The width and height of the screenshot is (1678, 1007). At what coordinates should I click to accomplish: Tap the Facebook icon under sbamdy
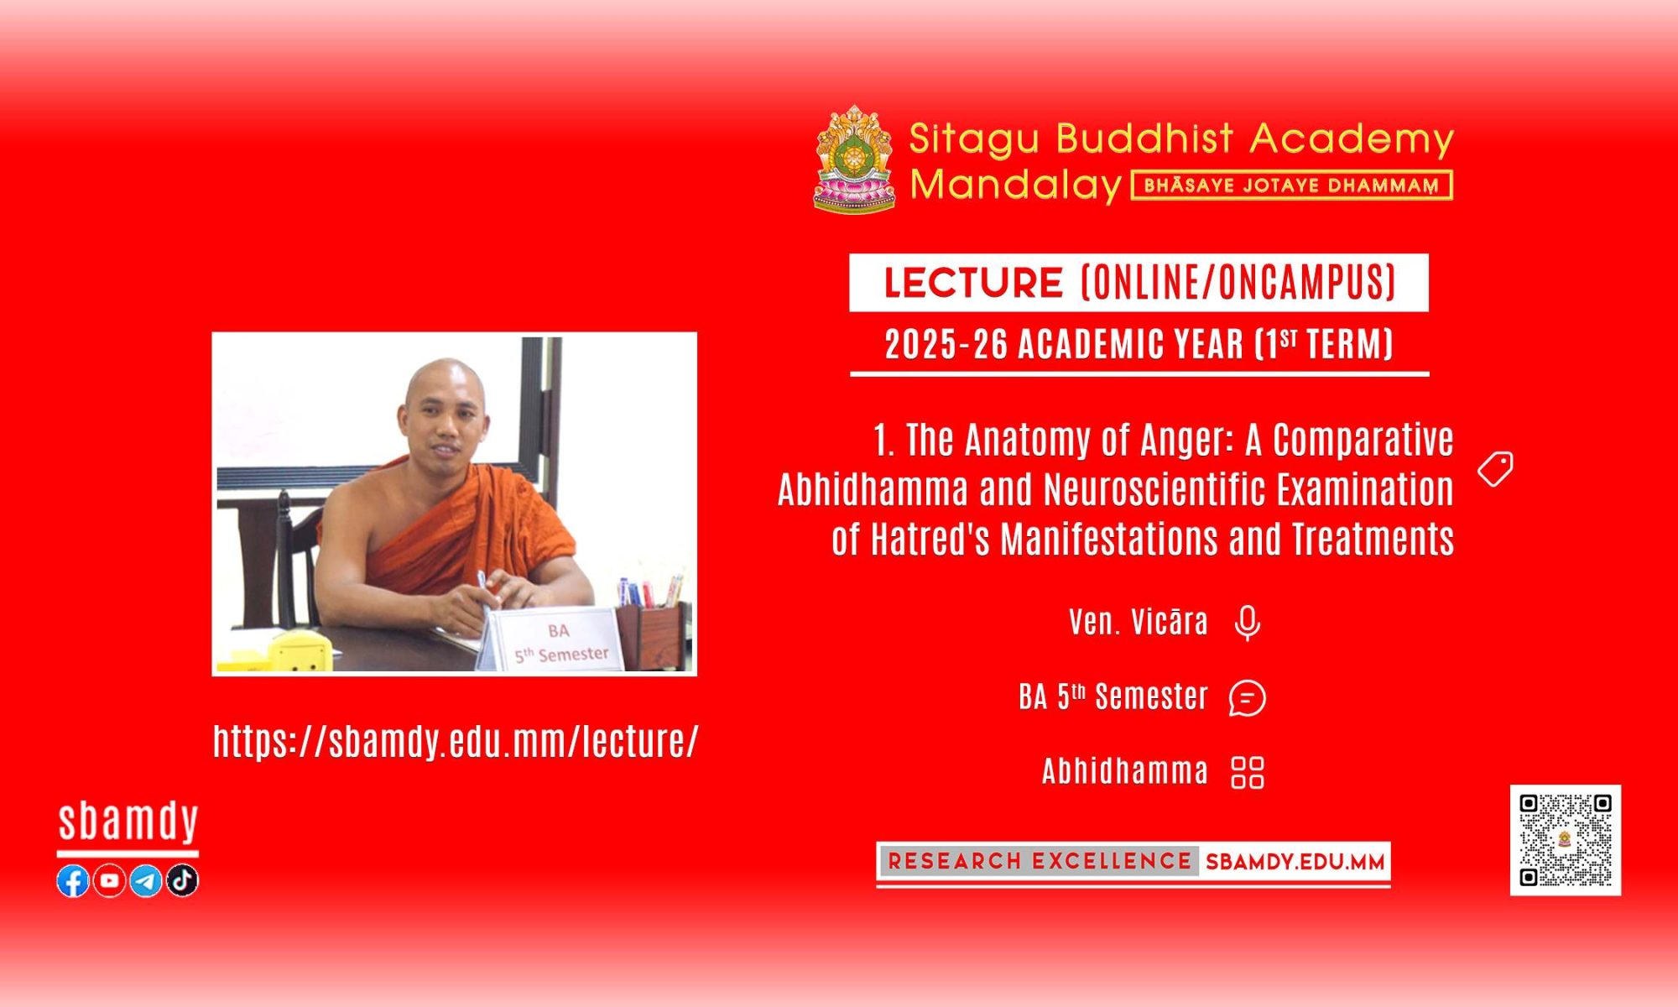[x=73, y=880]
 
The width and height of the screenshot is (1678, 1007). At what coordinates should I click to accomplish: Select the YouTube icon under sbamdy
[x=109, y=880]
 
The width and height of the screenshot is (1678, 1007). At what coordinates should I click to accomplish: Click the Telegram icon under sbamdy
[x=146, y=880]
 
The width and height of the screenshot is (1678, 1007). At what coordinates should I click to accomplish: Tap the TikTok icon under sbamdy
[x=182, y=880]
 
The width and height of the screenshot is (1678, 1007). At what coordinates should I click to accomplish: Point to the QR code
[x=1566, y=840]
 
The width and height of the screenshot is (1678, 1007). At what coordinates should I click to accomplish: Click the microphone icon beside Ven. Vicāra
[x=1248, y=623]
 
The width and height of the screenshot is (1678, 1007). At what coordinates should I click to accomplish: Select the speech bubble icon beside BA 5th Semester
[x=1248, y=697]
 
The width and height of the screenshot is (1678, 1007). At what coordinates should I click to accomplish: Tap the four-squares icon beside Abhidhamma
[x=1248, y=772]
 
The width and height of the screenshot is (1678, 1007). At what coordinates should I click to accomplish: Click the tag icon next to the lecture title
[x=1496, y=469]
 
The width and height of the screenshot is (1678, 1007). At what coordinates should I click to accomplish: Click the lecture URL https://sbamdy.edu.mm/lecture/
[x=456, y=741]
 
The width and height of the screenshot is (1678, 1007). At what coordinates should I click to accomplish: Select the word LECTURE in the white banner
[x=973, y=283]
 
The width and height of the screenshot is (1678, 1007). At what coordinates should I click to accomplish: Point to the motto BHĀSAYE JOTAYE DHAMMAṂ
[x=1292, y=185]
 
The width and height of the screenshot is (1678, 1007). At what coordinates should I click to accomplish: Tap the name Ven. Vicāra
[x=1139, y=623]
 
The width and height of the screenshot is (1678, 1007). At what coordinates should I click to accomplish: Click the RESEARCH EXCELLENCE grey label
[x=1040, y=861]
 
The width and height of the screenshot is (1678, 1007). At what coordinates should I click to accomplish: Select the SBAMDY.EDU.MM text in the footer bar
[x=1295, y=862]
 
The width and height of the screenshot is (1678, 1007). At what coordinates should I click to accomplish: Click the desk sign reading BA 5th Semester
[x=555, y=641]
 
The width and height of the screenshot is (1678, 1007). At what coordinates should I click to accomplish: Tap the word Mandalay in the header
[x=1016, y=185]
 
